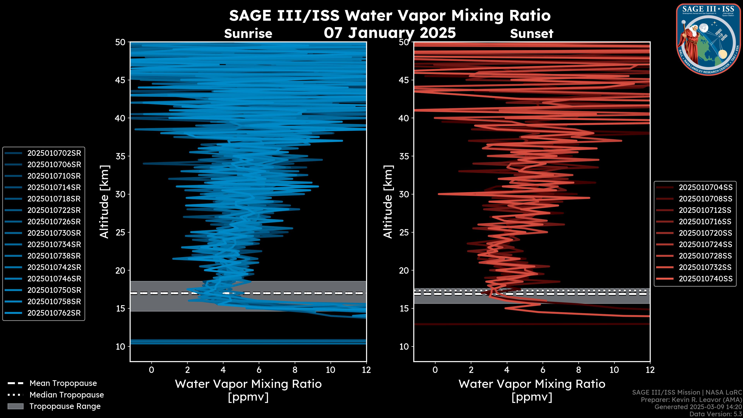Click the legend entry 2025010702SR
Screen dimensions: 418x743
point(54,153)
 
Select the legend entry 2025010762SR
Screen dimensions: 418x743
point(54,313)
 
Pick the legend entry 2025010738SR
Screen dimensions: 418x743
point(54,256)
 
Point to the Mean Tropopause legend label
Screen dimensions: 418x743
point(63,383)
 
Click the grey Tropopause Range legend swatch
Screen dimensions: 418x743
point(15,406)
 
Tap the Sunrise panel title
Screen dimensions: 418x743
point(248,34)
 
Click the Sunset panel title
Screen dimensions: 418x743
point(532,34)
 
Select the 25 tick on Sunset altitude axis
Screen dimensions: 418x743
point(404,232)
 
